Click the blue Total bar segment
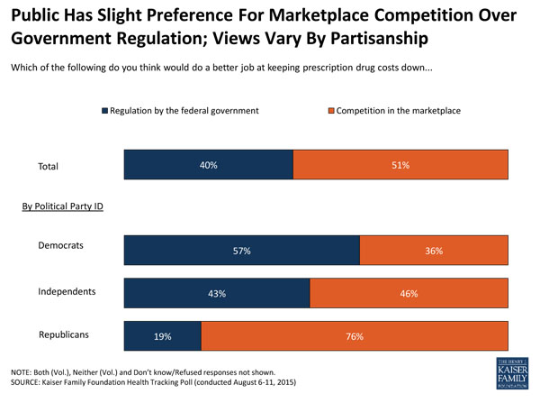tap(209, 165)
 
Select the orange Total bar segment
tap(400, 165)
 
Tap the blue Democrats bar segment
tap(241, 251)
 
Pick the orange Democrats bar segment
tap(434, 251)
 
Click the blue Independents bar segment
tap(217, 293)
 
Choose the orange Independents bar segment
tap(409, 293)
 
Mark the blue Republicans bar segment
tap(163, 335)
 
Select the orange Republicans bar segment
tap(354, 335)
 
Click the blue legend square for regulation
tap(104, 111)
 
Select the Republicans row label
tap(67, 334)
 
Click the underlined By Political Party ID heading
tap(63, 206)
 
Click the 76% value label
tap(354, 335)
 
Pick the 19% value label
tap(163, 335)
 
